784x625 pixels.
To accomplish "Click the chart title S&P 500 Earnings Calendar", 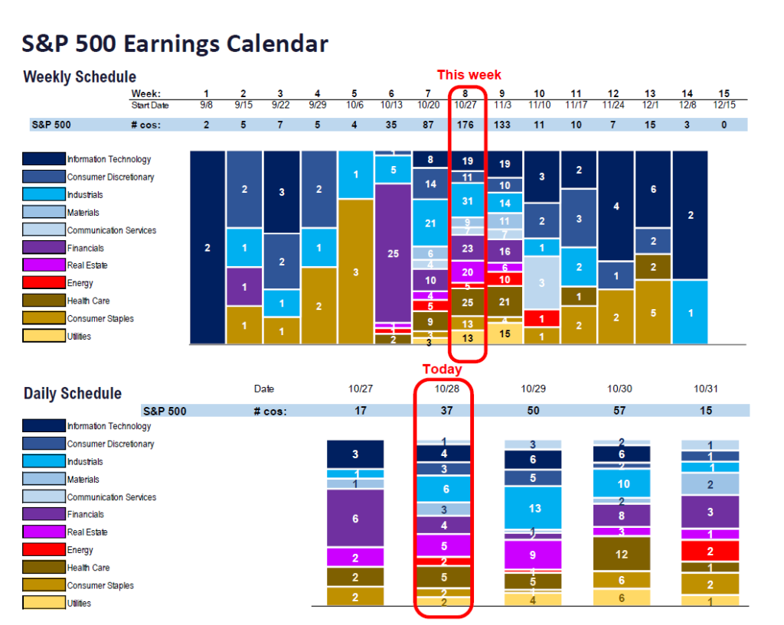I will (175, 44).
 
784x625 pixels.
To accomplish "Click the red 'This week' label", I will (469, 74).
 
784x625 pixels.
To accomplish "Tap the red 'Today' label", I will (443, 369).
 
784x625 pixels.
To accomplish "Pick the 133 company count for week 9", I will (505, 124).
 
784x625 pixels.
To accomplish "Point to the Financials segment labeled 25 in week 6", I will (393, 253).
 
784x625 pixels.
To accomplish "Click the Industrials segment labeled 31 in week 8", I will (467, 200).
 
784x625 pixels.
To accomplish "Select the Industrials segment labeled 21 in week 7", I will (430, 223).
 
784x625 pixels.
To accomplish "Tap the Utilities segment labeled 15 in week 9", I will (505, 334).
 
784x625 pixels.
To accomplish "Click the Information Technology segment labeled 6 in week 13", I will (653, 189).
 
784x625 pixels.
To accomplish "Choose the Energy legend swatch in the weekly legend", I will (43, 283).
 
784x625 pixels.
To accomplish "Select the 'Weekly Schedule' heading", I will (80, 77).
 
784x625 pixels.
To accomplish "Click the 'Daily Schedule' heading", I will (72, 394).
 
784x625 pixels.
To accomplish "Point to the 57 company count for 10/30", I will (619, 411).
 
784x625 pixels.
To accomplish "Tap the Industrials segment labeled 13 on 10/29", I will (534, 508).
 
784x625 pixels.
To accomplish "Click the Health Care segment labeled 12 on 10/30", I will (620, 554).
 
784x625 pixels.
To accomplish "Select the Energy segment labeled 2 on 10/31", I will (710, 551).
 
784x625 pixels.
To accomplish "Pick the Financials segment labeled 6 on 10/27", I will (354, 519).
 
